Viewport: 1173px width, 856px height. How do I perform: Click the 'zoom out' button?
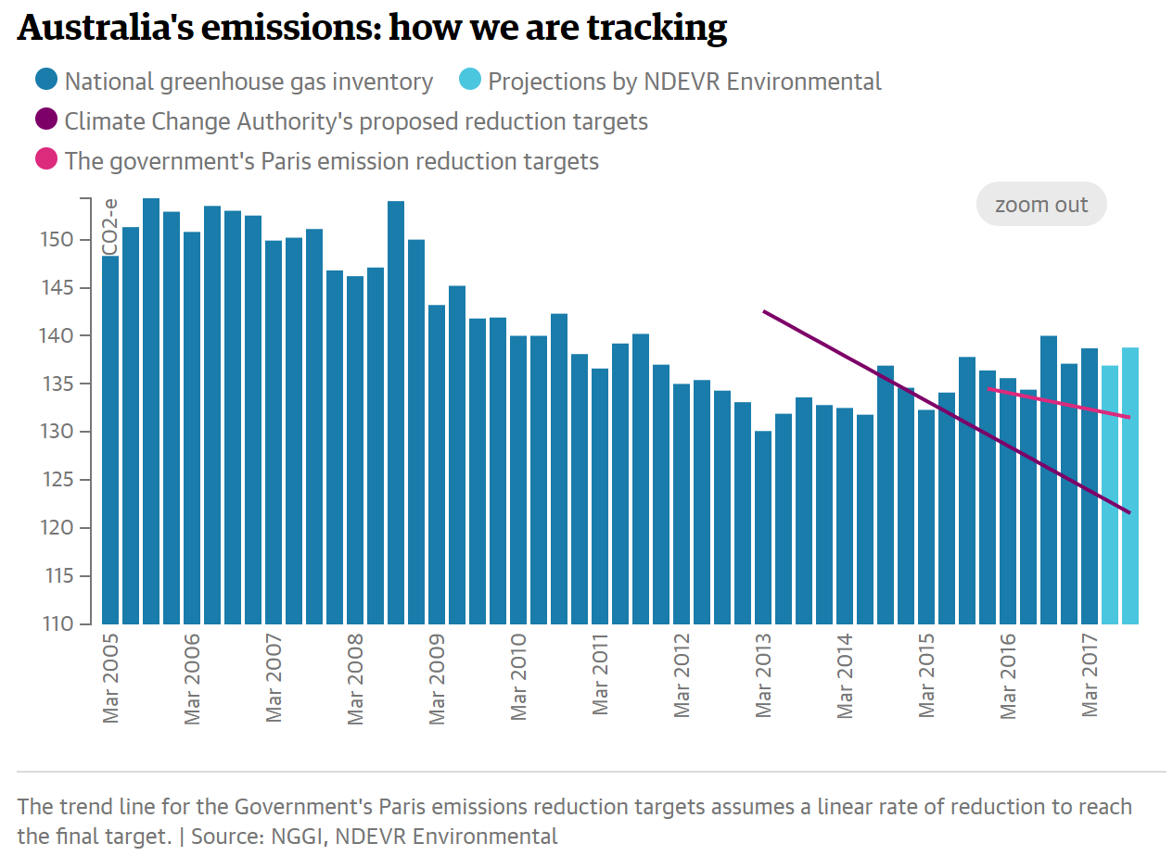(x=1040, y=205)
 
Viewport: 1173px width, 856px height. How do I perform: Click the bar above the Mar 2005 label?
(x=110, y=440)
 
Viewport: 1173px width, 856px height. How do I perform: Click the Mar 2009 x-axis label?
(x=437, y=677)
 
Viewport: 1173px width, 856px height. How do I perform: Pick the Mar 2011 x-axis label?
(x=600, y=677)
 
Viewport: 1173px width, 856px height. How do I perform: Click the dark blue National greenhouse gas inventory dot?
(x=46, y=81)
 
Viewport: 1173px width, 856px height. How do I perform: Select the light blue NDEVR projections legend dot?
(x=470, y=81)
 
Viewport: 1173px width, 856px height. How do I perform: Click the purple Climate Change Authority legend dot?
(x=46, y=120)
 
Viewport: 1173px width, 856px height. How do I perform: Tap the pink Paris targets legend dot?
(x=46, y=160)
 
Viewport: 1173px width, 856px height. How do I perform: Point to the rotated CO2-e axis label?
(x=109, y=227)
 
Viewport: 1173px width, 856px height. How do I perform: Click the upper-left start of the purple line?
(x=763, y=311)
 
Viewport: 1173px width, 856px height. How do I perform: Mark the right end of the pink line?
(x=1129, y=417)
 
